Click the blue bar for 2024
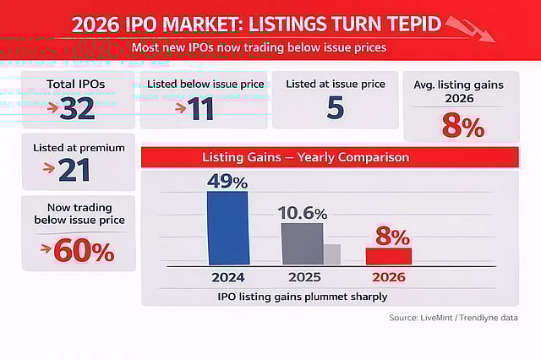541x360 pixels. click(x=227, y=227)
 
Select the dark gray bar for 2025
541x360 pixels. click(x=302, y=243)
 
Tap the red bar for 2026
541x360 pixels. click(x=388, y=256)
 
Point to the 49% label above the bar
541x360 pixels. click(x=227, y=181)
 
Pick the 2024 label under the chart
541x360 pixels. click(x=227, y=276)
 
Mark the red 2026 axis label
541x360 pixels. click(x=388, y=276)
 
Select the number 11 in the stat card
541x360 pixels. click(x=201, y=108)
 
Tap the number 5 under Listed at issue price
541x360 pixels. click(x=335, y=106)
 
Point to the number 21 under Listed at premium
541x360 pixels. click(x=74, y=169)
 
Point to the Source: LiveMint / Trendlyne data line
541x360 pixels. click(x=453, y=318)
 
